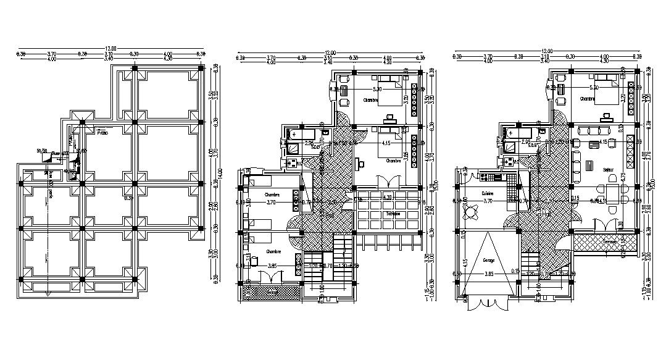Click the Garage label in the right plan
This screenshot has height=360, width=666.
[488, 260]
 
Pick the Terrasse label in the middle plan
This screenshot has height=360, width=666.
[393, 214]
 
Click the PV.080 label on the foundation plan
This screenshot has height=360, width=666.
[102, 132]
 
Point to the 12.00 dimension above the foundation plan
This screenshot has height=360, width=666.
[109, 48]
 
